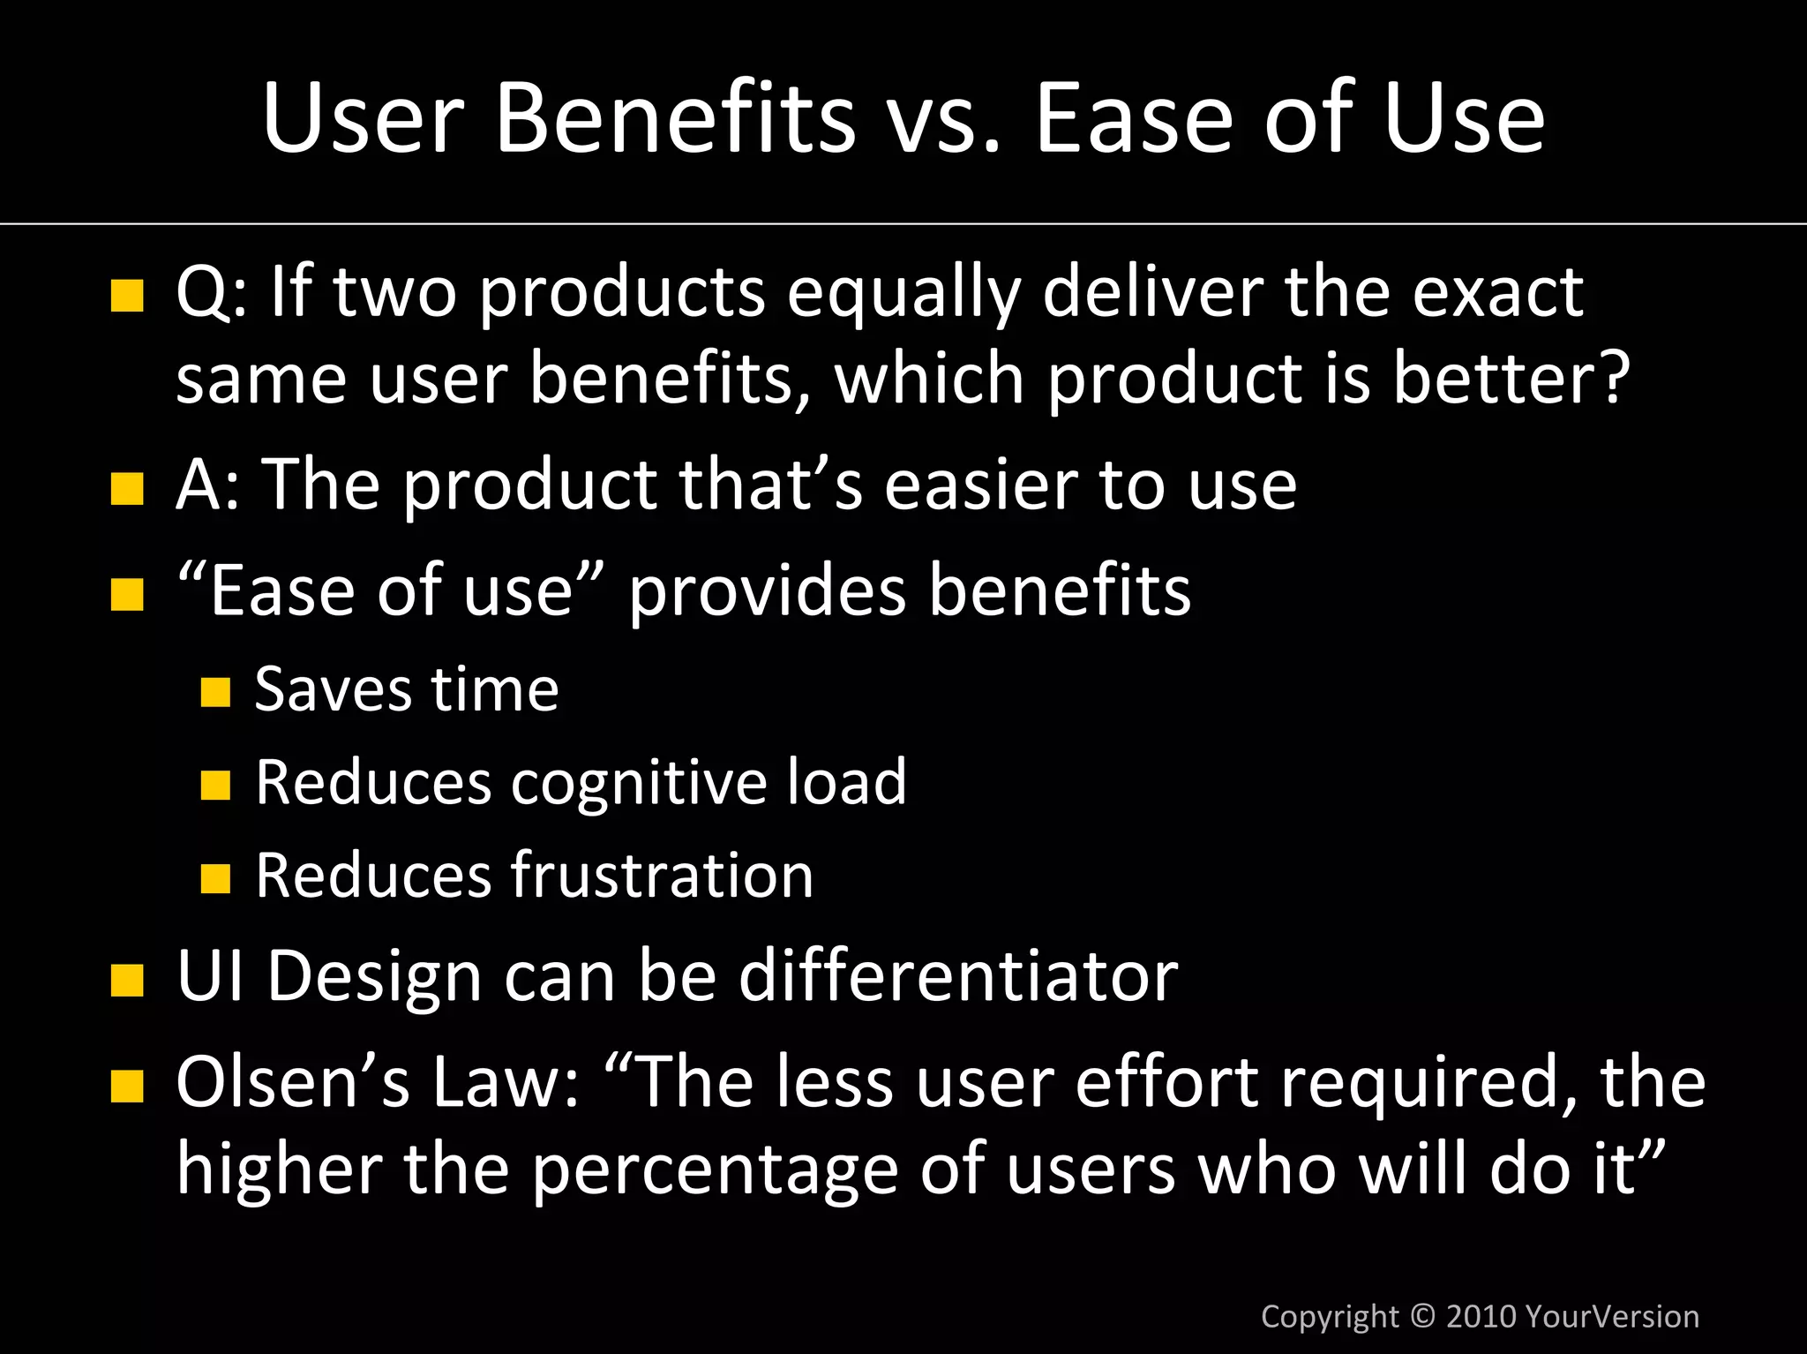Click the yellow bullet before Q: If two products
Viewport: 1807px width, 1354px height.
click(x=127, y=296)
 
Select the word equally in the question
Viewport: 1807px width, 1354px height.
click(x=903, y=293)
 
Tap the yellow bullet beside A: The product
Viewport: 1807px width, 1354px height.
click(x=127, y=488)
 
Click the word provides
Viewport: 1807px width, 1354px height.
click(x=767, y=591)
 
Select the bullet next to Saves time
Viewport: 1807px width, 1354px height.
click(x=215, y=692)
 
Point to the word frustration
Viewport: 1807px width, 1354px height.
click(x=662, y=876)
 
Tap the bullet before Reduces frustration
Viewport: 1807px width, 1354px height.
click(x=215, y=878)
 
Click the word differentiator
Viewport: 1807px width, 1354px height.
click(x=957, y=976)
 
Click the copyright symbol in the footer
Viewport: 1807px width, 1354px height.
click(x=1422, y=1315)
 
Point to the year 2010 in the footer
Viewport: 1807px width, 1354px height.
click(x=1481, y=1316)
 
